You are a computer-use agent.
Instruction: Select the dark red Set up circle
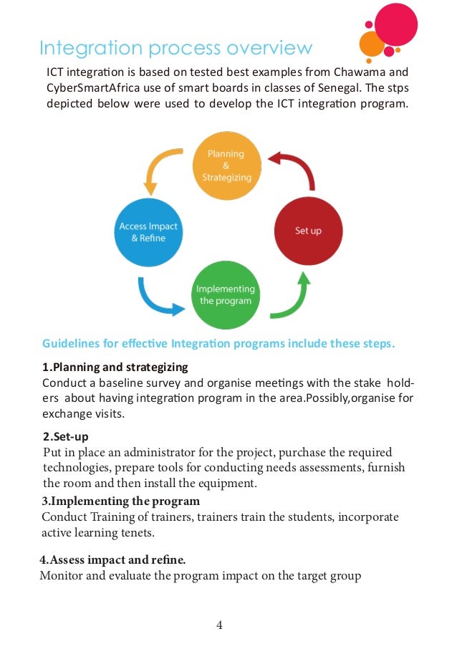pyautogui.click(x=308, y=231)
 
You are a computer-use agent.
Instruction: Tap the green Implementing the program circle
pyautogui.click(x=224, y=294)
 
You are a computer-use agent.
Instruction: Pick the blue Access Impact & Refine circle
pyautogui.click(x=148, y=231)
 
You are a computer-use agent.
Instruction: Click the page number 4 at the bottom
pyautogui.click(x=220, y=625)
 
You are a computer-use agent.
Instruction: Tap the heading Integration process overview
pyautogui.click(x=175, y=48)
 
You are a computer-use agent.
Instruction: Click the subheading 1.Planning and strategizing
pyautogui.click(x=115, y=367)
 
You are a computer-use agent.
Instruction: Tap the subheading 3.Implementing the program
pyautogui.click(x=120, y=501)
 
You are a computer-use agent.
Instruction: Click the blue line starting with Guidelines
pyautogui.click(x=218, y=342)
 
